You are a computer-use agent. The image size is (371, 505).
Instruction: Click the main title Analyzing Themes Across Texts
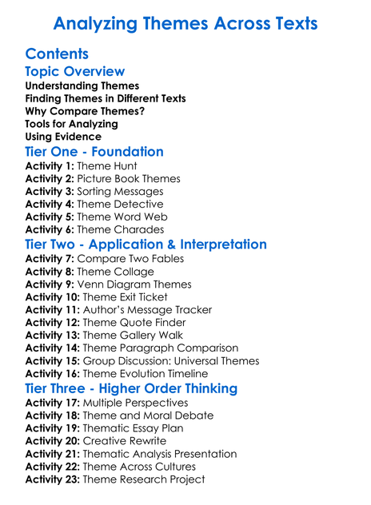pyautogui.click(x=185, y=23)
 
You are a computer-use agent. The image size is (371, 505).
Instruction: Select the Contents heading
pyautogui.click(x=57, y=54)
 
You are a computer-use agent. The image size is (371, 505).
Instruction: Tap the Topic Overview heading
pyautogui.click(x=75, y=72)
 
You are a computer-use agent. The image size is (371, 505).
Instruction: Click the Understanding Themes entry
pyautogui.click(x=82, y=86)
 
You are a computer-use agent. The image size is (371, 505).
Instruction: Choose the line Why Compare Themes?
pyautogui.click(x=85, y=112)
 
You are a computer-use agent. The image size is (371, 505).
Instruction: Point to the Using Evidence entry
pyautogui.click(x=63, y=137)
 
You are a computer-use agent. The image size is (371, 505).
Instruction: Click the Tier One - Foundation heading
pyautogui.click(x=94, y=152)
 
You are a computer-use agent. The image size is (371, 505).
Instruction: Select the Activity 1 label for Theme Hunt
pyautogui.click(x=49, y=166)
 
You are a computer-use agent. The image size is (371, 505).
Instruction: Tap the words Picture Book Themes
pyautogui.click(x=129, y=179)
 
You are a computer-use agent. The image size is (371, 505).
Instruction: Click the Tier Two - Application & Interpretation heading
pyautogui.click(x=146, y=245)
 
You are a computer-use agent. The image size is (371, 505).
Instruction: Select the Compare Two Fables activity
pyautogui.click(x=130, y=259)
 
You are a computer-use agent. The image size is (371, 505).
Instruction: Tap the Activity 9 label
pyautogui.click(x=49, y=284)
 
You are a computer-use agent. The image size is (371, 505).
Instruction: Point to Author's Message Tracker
pyautogui.click(x=148, y=310)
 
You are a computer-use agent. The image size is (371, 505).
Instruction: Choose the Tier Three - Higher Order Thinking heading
pyautogui.click(x=131, y=388)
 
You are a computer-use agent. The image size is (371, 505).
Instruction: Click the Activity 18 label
pyautogui.click(x=52, y=416)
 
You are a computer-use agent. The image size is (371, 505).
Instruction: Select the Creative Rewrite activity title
pyautogui.click(x=125, y=441)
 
